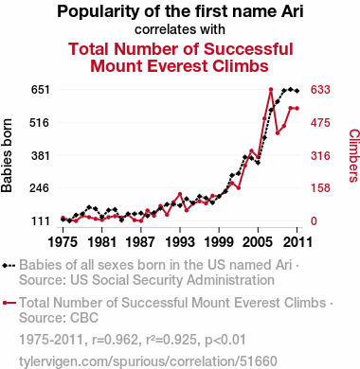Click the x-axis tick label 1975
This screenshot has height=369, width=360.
point(63,242)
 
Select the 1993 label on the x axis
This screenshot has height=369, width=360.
point(180,242)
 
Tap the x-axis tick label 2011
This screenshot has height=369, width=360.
point(297,242)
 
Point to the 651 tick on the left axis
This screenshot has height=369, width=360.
point(41,90)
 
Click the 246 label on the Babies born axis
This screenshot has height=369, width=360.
point(41,188)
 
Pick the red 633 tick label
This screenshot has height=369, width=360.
point(320,90)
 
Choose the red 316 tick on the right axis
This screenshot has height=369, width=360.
point(320,155)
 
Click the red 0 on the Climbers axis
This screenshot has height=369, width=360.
point(314,221)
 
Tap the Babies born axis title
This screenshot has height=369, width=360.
point(7,155)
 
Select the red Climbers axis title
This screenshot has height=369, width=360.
point(354,155)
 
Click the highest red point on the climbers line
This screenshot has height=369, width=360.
point(271,90)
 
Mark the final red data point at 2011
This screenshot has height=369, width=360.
point(297,109)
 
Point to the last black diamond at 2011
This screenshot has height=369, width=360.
point(297,91)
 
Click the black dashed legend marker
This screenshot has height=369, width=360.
point(9,266)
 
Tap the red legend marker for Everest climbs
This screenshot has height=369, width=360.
point(9,303)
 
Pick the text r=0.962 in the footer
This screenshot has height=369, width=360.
point(115,340)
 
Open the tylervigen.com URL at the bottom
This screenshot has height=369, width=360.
point(148,361)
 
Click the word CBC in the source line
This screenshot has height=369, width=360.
point(84,318)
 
